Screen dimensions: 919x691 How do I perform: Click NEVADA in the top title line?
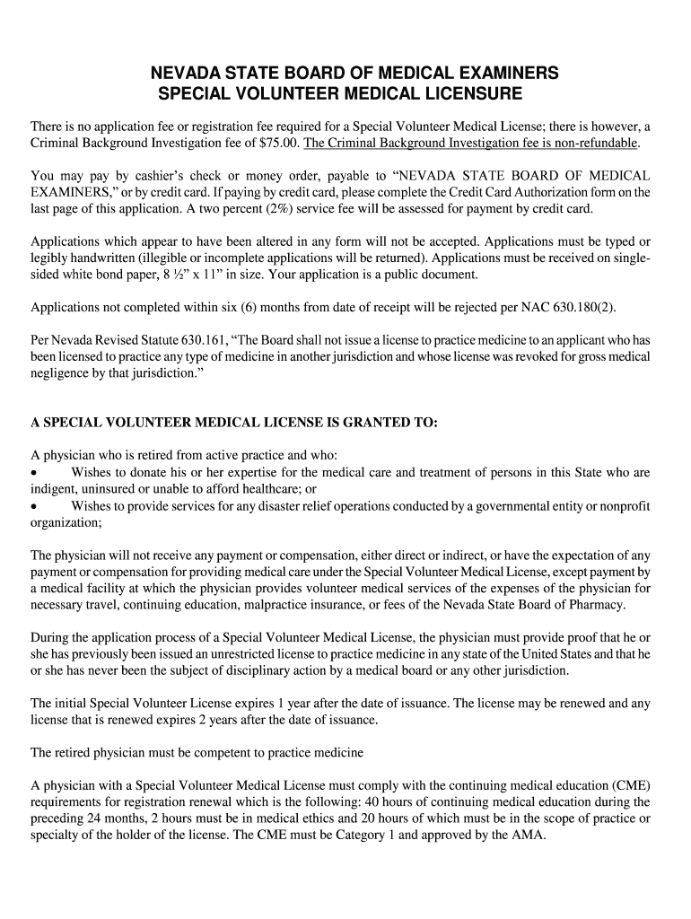tap(188, 72)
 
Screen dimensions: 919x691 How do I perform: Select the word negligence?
tap(63, 372)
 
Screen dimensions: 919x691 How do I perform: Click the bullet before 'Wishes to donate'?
tap(35, 472)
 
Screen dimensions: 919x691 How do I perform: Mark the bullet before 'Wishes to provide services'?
tap(35, 506)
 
